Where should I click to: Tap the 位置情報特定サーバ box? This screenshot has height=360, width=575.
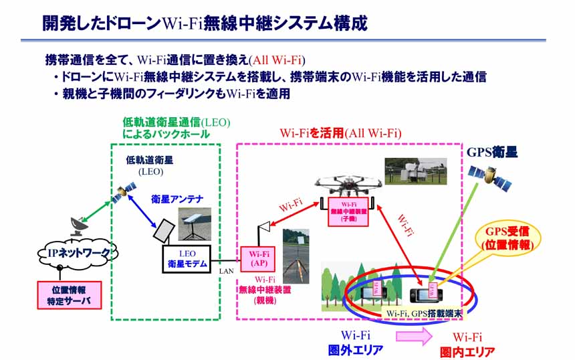[x=69, y=294]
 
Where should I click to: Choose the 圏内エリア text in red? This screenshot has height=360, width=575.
[x=467, y=351]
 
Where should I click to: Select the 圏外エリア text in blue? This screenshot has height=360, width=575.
[x=355, y=350]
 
